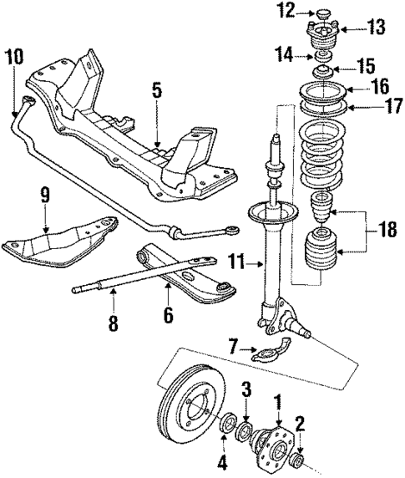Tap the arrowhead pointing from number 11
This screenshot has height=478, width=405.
(x=262, y=264)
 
